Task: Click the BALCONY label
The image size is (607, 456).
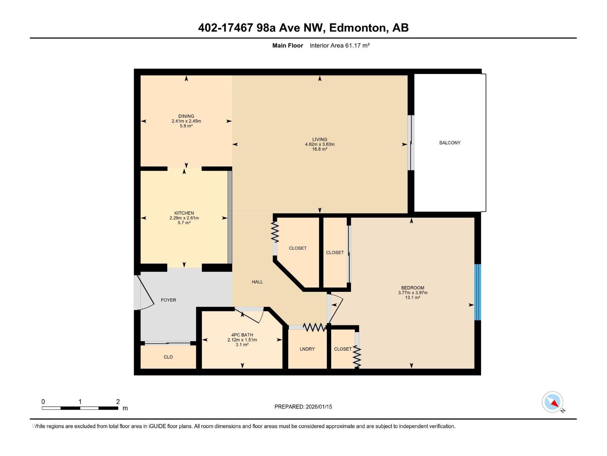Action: (450, 143)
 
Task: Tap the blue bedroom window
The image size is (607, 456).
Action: (478, 292)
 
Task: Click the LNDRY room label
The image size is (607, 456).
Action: (307, 349)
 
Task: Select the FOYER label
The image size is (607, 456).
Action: (168, 300)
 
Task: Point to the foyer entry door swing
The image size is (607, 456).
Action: (146, 293)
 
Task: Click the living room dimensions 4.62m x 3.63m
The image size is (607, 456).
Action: (319, 144)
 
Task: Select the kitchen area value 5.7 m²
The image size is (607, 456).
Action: (184, 223)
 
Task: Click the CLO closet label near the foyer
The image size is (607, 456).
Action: (168, 357)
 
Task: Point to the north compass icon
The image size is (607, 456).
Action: (553, 402)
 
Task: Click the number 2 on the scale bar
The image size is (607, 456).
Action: (118, 402)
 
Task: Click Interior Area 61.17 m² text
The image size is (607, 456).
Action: (340, 46)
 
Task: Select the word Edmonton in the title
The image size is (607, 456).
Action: (357, 28)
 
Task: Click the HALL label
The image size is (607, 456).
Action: (257, 282)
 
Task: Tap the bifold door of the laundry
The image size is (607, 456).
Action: (314, 327)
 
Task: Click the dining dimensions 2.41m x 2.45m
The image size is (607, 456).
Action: (186, 121)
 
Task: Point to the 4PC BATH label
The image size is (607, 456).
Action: (242, 335)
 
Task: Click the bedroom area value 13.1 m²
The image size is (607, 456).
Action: (412, 298)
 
